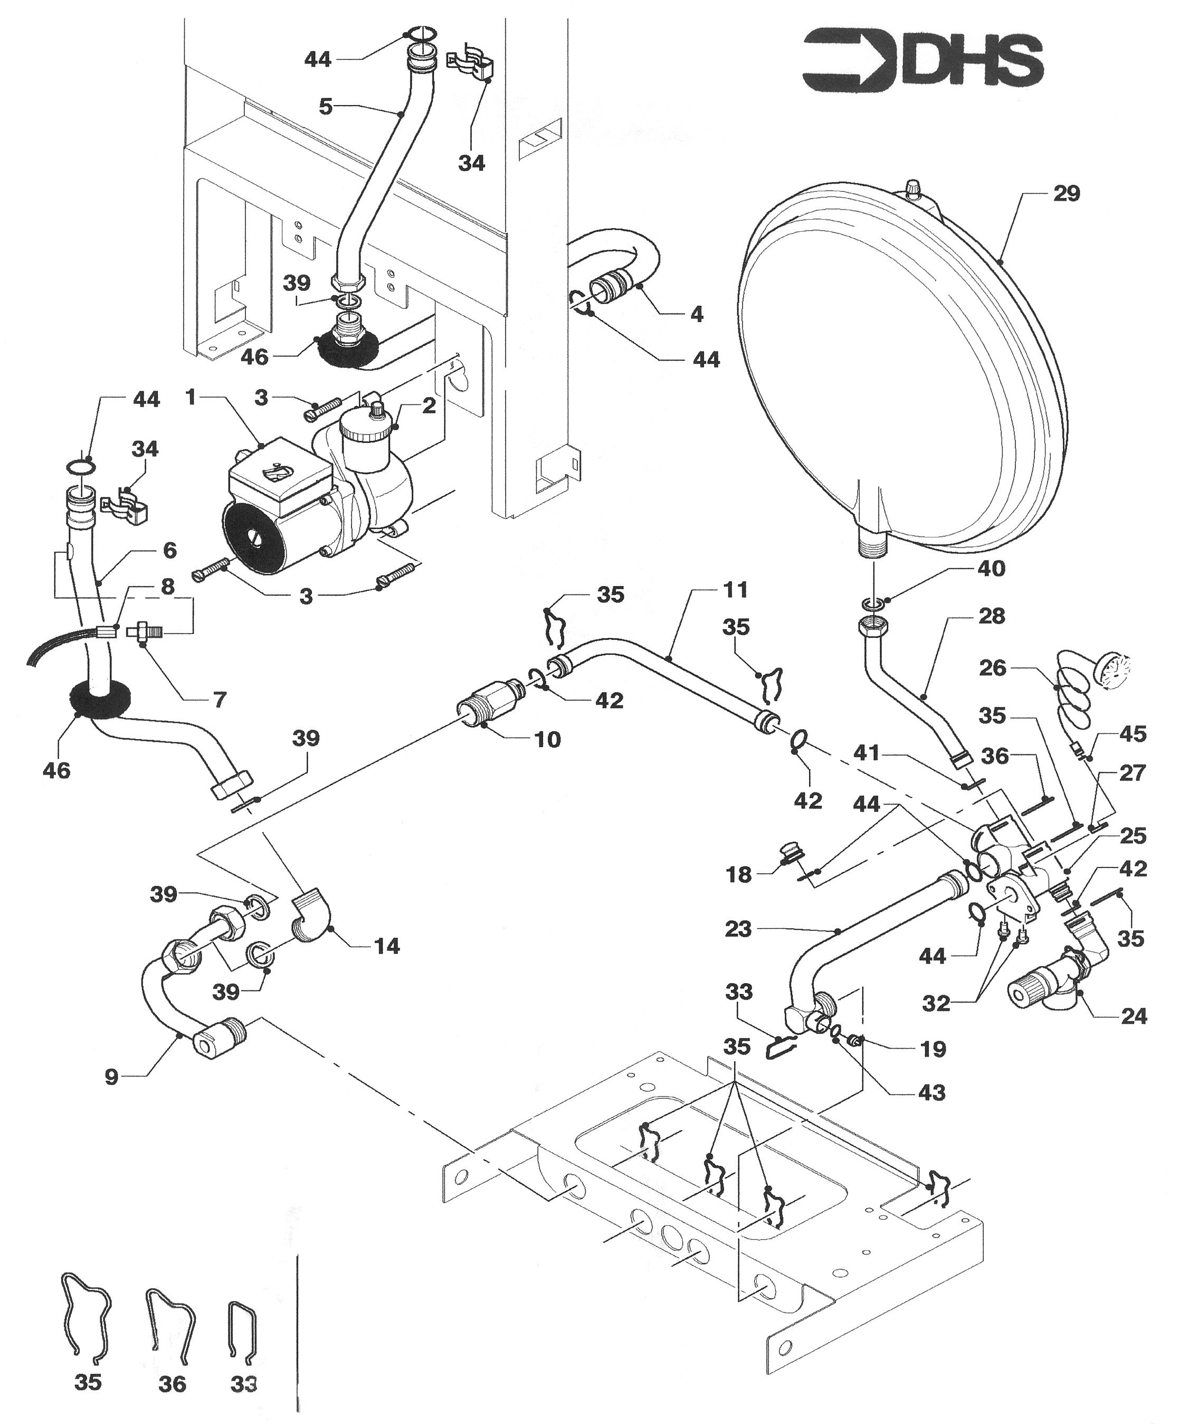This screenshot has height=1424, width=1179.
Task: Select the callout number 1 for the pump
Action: click(x=191, y=397)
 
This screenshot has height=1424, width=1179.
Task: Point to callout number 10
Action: click(x=547, y=739)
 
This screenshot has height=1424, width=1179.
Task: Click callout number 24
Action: click(x=1134, y=1035)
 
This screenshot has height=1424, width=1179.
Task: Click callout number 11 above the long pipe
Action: click(x=735, y=589)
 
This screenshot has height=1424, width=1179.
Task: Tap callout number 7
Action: click(x=219, y=699)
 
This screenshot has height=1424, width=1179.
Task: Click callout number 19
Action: click(x=933, y=1049)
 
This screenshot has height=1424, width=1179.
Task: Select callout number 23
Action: click(x=738, y=928)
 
